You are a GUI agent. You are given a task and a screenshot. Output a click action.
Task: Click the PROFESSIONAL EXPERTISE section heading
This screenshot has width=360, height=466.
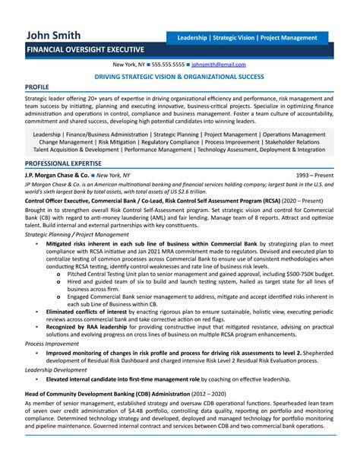pyautogui.click(x=63, y=163)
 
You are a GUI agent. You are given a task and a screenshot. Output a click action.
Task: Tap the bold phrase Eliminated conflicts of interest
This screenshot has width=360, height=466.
pyautogui.click(x=86, y=312)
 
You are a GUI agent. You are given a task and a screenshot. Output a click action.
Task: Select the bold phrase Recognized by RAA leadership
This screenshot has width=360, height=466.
pyautogui.click(x=85, y=326)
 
